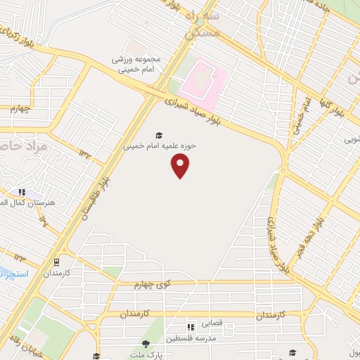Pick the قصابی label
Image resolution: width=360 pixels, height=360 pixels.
coord(212,325)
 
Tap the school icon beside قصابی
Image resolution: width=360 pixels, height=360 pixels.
coord(190,326)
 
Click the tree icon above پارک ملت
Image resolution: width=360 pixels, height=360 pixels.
coord(146,344)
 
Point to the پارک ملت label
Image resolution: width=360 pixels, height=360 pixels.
coord(146,354)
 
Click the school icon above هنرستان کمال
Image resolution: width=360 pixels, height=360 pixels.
coord(22,191)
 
